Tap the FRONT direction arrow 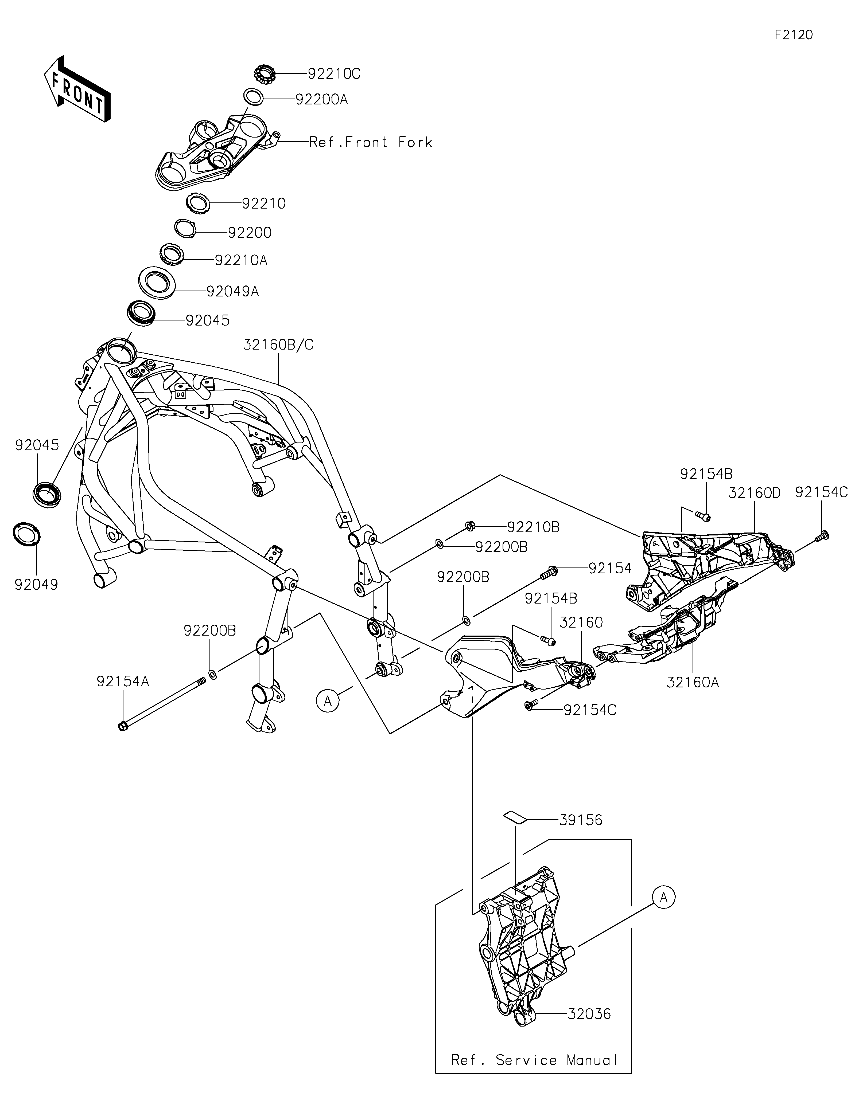(x=77, y=88)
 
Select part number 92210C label (x=334, y=74)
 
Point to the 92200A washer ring (x=253, y=97)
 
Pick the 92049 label (x=36, y=584)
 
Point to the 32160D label (x=754, y=493)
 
